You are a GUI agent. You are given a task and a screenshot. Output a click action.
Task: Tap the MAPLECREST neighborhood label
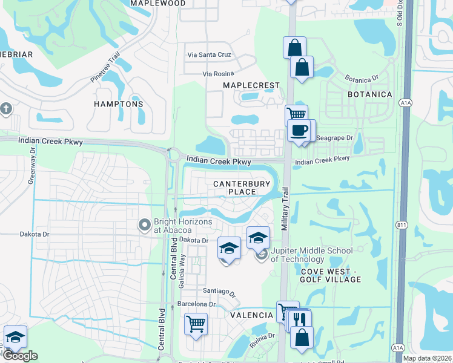pyautogui.click(x=251, y=86)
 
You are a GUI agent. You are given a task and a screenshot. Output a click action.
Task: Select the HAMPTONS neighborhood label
pyautogui.click(x=119, y=104)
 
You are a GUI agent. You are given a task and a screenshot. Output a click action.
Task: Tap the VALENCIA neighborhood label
pyautogui.click(x=251, y=315)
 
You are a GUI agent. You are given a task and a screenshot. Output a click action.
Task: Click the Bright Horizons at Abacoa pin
pyautogui.click(x=145, y=226)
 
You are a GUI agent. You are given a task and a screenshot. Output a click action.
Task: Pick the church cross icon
pyautogui.click(x=6, y=110)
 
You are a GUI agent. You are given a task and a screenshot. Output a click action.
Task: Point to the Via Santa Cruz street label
pyautogui.click(x=209, y=54)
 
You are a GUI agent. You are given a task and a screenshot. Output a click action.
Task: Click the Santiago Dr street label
pyautogui.click(x=220, y=291)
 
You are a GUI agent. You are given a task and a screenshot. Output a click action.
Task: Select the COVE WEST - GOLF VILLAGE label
pyautogui.click(x=331, y=275)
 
